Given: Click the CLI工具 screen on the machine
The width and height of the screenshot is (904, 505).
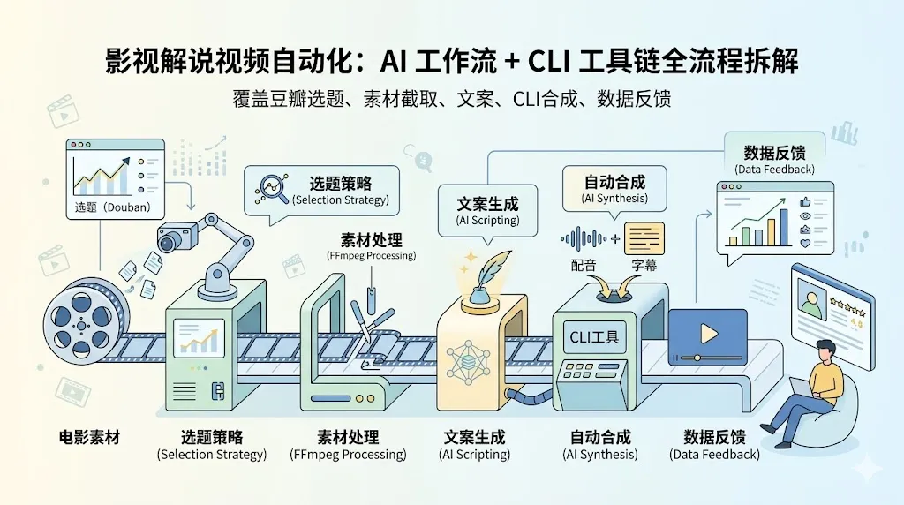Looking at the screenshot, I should (594, 335).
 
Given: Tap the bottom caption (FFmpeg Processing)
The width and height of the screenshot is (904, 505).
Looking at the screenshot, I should (348, 455).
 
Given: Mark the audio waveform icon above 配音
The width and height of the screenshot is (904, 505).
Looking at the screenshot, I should (585, 238).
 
